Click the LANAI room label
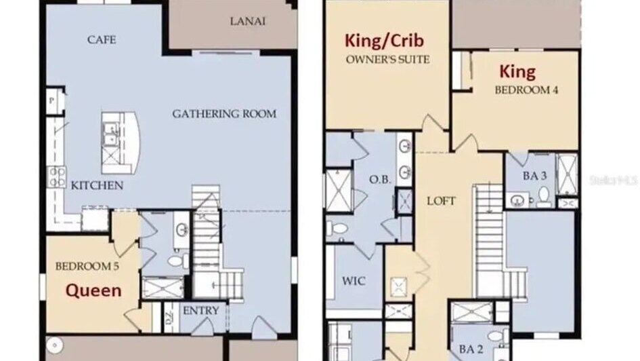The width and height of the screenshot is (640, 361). pos(248,21)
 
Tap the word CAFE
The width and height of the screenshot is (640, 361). pos(102,39)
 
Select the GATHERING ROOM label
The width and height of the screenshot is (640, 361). pos(224,113)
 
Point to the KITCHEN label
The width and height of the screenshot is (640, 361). pos(97,185)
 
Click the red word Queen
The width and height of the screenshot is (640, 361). pos(93,290)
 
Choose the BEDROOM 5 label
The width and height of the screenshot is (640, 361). pos(87,267)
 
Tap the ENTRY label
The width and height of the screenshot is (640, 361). pos(201,311)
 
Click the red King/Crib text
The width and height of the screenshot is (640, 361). pos(384,41)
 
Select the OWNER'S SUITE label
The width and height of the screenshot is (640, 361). pos(388,60)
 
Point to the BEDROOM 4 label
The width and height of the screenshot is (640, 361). pos(526,90)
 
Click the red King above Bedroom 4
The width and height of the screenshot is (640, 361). pos(517,72)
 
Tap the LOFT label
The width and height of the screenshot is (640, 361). pos(441,201)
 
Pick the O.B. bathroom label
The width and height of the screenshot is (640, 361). pos(380,179)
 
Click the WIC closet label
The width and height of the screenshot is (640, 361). pos(354,281)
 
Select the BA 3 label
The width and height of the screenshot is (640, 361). pos(535,176)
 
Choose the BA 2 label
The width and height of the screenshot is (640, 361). pos(471,349)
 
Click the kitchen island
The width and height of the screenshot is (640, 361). pos(121,142)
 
